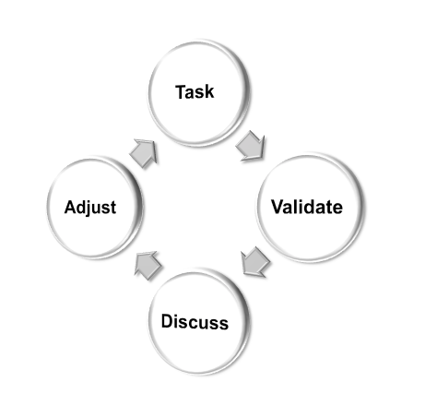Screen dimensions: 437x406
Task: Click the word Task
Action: (195, 91)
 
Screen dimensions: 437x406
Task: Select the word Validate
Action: (307, 207)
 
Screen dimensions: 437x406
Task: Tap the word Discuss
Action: (195, 322)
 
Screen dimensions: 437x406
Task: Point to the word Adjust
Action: (90, 207)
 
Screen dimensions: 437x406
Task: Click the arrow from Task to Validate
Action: (251, 146)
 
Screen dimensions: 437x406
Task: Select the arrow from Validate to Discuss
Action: (255, 261)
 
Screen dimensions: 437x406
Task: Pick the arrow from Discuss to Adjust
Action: (148, 266)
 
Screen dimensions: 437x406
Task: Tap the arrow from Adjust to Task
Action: (144, 153)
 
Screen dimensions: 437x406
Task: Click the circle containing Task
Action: (199, 93)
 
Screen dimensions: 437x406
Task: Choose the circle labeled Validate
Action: (311, 207)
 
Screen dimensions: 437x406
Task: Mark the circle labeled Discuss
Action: (199, 322)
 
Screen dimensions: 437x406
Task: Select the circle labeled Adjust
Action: (95, 208)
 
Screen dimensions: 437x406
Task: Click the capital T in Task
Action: (181, 91)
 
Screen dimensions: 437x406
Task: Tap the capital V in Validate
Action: (278, 207)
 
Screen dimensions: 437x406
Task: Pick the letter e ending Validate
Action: (338, 209)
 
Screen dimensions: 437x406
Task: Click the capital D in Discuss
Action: (167, 321)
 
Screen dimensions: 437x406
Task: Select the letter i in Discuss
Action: (177, 321)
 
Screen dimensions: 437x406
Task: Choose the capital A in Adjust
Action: (71, 207)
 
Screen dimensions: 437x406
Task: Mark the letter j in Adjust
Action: (91, 209)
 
